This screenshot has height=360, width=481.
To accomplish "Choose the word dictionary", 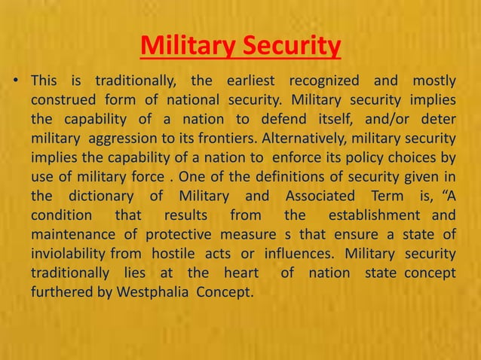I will pos(108,198).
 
